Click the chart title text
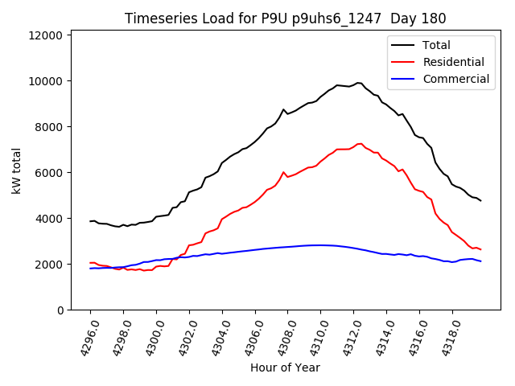pos(286,18)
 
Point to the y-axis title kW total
pos(16,170)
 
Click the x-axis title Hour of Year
pos(286,368)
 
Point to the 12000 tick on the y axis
pos(46,35)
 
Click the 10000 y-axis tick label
pos(46,81)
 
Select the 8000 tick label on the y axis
pos(49,127)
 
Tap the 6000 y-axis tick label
pos(49,173)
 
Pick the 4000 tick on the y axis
pos(49,219)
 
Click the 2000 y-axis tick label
pos(49,265)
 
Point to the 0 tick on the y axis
pos(60,310)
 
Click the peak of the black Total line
pos(358,82)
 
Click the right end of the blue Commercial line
pos(480,261)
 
